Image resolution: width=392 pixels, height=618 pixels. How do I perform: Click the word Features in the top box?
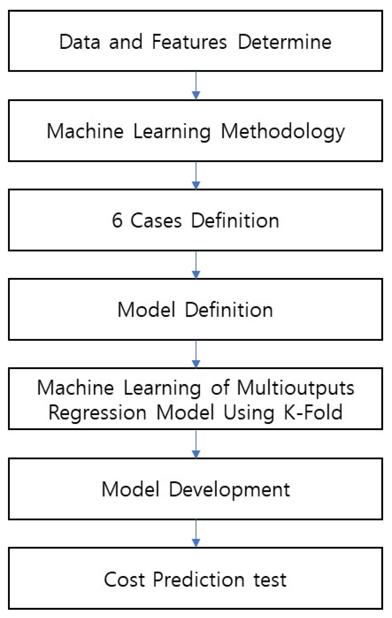point(189,42)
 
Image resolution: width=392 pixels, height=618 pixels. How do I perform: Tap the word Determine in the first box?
point(285,42)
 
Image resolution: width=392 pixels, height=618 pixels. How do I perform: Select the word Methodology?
point(283,132)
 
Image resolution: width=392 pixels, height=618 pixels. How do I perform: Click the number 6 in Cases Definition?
point(117,221)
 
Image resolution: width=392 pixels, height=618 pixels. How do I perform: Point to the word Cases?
point(156,221)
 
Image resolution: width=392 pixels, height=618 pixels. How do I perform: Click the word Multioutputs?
point(295,388)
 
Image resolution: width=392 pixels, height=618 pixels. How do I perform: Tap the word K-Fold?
point(313,412)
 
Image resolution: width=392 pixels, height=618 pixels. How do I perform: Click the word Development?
point(229,490)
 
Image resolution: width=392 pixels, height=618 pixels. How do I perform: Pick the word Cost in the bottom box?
point(124,580)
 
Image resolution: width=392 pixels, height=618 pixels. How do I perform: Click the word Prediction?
point(199,580)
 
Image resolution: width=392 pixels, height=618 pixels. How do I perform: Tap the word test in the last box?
point(270,580)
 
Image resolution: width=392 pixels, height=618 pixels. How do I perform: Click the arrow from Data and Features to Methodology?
point(196,86)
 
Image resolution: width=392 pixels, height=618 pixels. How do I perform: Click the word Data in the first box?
point(80,42)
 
